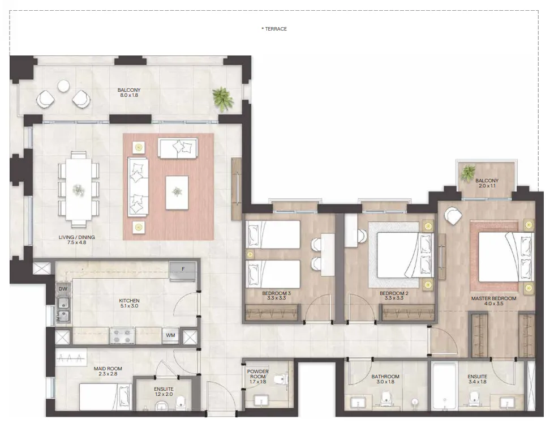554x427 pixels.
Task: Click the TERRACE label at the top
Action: coord(275,29)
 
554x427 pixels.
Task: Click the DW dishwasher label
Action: coord(63,289)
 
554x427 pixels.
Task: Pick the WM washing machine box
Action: coord(170,335)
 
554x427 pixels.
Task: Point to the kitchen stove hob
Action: coord(122,335)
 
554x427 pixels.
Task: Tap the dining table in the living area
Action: coord(79,188)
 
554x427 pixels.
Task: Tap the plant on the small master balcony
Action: coord(469,173)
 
